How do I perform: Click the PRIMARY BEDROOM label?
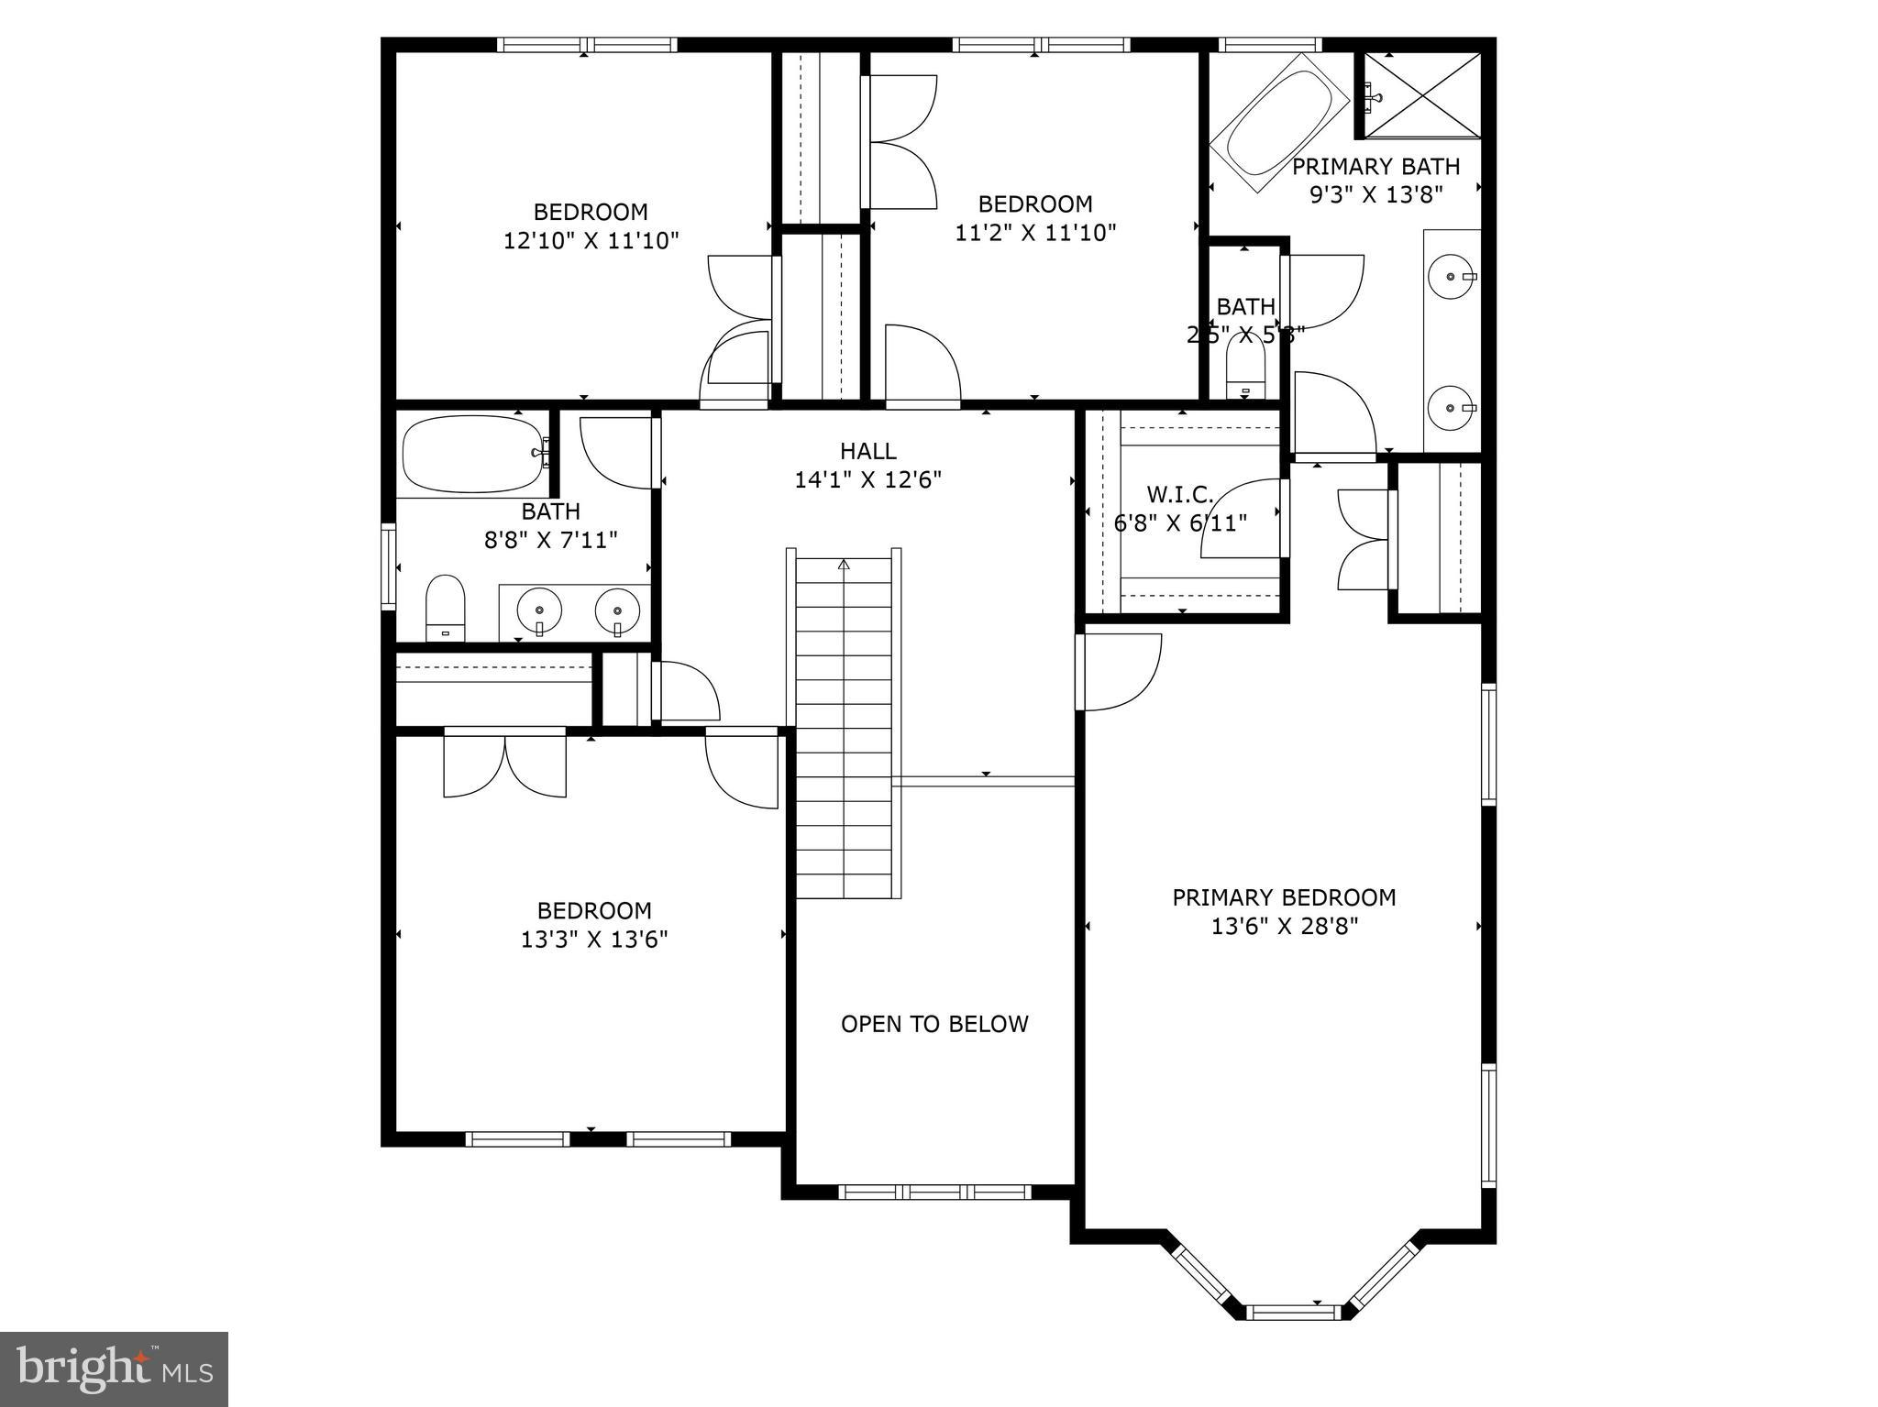point(1284,897)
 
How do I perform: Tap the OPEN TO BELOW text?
point(934,1024)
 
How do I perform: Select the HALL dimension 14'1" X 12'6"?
point(868,479)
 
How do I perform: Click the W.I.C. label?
point(1180,495)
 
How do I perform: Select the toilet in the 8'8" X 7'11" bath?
point(446,607)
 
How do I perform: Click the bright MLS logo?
point(114,1369)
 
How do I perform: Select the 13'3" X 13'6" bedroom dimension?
point(594,939)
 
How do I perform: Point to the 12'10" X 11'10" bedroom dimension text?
point(591,240)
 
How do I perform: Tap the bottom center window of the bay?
point(1295,1313)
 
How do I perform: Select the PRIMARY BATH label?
point(1375,167)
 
